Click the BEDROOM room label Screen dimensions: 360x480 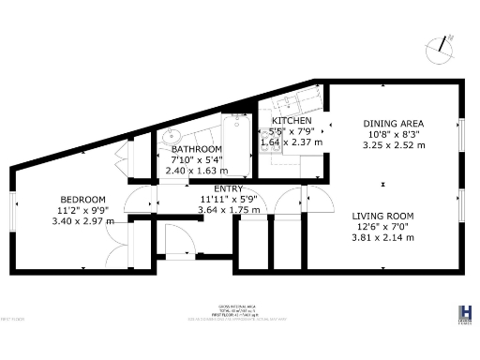point(77,199)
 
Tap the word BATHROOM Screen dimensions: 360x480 point(196,149)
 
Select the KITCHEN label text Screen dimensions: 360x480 point(292,122)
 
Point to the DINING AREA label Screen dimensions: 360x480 point(394,124)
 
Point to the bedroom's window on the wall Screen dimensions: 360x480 point(15,210)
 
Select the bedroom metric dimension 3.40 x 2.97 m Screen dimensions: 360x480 point(82,221)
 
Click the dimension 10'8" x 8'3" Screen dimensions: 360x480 point(394,135)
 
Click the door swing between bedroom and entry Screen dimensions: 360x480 point(137,198)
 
